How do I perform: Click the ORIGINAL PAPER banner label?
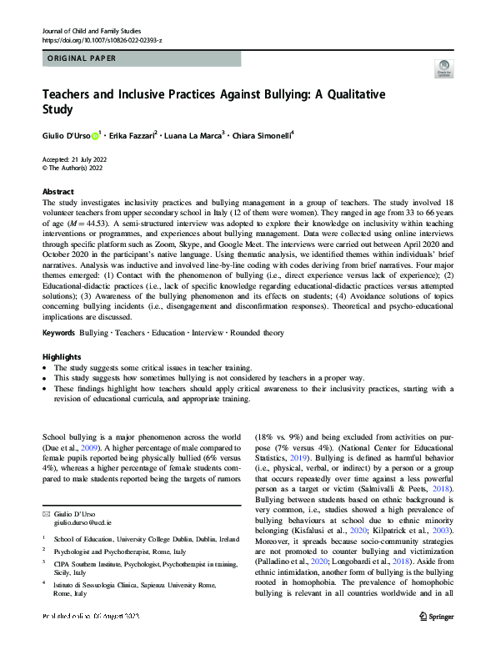tap(83, 58)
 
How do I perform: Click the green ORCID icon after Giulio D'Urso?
tap(94, 135)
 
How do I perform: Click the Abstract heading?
tap(58, 192)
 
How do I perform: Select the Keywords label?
tap(58, 333)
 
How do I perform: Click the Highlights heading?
tap(61, 356)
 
